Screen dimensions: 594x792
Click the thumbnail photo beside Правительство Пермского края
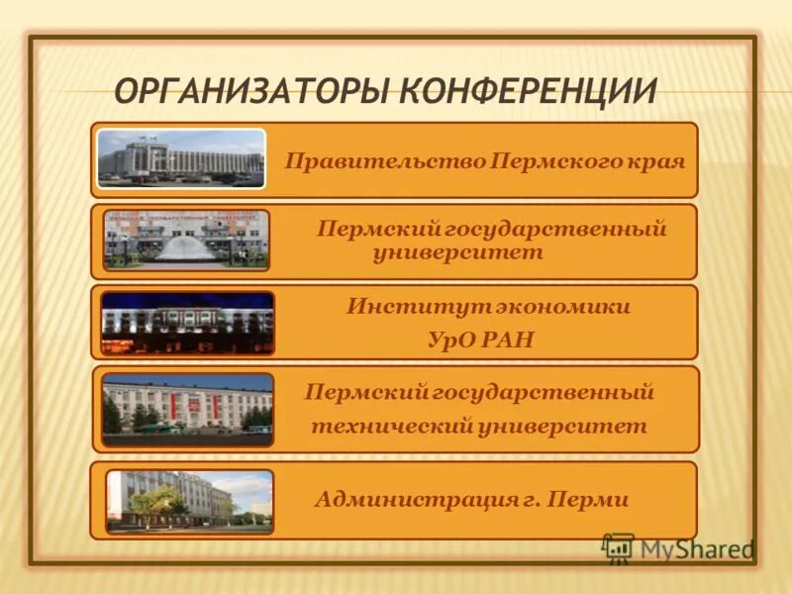(x=181, y=158)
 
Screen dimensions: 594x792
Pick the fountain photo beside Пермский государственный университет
(x=186, y=240)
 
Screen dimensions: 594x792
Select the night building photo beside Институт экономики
(x=187, y=323)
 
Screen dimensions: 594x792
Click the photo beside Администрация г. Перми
(x=189, y=501)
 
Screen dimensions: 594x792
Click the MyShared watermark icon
(x=618, y=547)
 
